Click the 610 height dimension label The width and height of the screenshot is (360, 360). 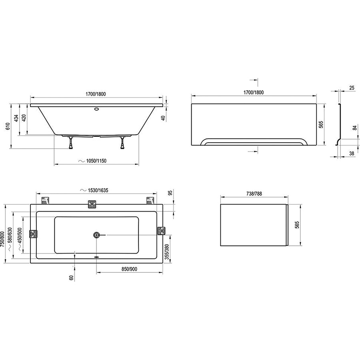(x=8, y=126)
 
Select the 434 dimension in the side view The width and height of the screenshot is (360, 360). (x=16, y=118)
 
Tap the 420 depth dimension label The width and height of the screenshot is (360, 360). (x=24, y=118)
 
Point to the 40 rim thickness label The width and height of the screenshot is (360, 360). (x=163, y=118)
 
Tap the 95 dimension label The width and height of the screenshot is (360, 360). (x=170, y=193)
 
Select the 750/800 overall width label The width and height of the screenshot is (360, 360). (x=2, y=239)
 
